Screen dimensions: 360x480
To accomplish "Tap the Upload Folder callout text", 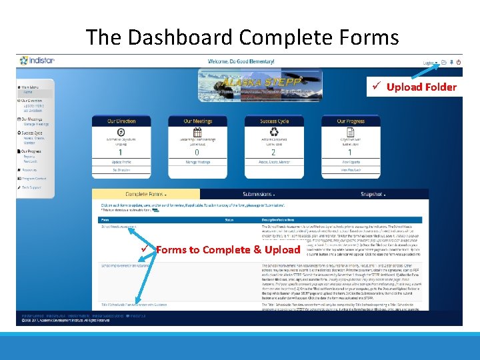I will (421, 87).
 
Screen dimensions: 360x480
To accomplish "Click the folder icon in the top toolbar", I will (444, 61).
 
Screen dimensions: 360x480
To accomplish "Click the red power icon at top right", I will (459, 61).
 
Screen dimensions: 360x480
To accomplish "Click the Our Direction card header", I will (121, 121).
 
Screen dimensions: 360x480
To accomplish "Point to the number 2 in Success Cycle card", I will (273, 153).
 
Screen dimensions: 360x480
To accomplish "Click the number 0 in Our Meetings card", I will (197, 153).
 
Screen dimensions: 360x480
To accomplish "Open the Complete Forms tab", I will (145, 194).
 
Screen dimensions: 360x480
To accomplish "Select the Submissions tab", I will (258, 194).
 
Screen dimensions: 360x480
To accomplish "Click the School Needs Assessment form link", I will (119, 227).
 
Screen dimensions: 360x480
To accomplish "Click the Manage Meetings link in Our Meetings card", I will (197, 162).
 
